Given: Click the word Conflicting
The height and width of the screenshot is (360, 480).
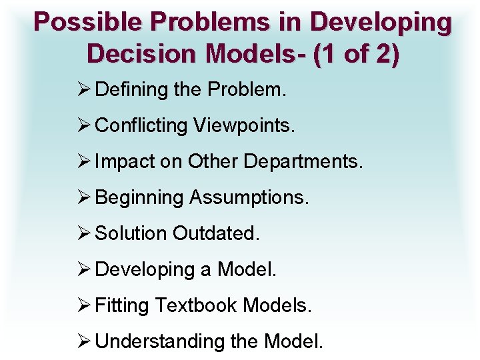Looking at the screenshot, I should pos(141,126).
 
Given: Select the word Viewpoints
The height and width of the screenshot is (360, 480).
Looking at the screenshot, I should pos(242,126).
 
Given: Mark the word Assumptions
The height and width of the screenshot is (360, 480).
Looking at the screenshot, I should pos(249,198).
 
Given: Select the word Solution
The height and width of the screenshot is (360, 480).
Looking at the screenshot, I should pos(131,234).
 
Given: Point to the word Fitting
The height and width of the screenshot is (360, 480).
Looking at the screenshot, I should pos(123,306).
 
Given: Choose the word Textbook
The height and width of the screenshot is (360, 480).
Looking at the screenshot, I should pos(196,306).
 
